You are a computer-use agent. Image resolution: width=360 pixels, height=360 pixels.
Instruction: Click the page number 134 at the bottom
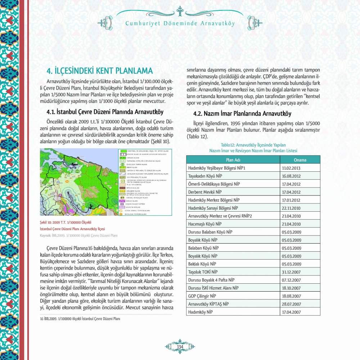click(x=180, y=346)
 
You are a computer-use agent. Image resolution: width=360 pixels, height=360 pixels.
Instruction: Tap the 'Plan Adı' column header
click(x=233, y=159)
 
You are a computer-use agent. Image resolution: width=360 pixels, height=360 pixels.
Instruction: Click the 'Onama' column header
click(x=300, y=159)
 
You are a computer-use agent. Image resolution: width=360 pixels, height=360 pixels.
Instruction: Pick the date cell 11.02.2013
click(x=291, y=168)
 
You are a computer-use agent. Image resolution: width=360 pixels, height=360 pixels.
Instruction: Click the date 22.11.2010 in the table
click(x=291, y=208)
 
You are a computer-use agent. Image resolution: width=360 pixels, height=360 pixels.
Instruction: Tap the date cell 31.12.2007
click(x=291, y=272)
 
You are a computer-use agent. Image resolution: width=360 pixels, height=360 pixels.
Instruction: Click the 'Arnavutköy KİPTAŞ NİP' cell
click(x=208, y=304)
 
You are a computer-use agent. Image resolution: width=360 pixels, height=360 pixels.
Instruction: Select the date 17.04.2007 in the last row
click(x=291, y=312)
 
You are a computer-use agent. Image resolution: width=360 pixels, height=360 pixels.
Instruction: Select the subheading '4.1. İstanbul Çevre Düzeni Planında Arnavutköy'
click(x=105, y=112)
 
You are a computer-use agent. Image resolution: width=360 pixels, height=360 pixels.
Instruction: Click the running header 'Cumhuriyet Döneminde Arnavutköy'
click(x=180, y=24)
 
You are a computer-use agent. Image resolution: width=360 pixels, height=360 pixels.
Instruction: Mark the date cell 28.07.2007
click(x=291, y=304)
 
